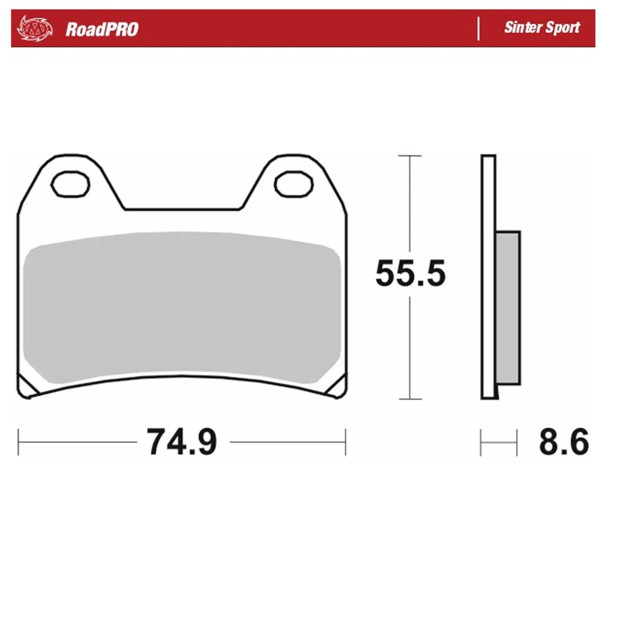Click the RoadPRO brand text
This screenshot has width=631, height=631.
coord(102,29)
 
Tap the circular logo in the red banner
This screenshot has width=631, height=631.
coord(33,28)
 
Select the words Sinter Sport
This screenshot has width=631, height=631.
coord(541,28)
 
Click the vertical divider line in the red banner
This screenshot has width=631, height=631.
coord(478,28)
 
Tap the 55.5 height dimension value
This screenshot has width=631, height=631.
coord(410,274)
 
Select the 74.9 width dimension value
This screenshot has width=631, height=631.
coord(182,442)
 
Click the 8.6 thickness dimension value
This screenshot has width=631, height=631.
coord(563,442)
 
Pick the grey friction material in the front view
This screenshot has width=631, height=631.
coord(182,306)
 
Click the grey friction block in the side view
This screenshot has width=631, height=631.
coord(508,307)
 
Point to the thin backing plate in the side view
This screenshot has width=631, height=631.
coord(488,278)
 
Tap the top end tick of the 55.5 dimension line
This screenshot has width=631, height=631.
coord(410,155)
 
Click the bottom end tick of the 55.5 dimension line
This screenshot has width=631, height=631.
coord(410,399)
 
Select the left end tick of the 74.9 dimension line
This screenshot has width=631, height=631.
coord(19,442)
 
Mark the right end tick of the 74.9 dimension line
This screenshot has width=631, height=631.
coord(345,442)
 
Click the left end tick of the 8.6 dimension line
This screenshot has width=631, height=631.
coord(481,442)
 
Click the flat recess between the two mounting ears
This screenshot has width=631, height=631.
coord(183,209)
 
